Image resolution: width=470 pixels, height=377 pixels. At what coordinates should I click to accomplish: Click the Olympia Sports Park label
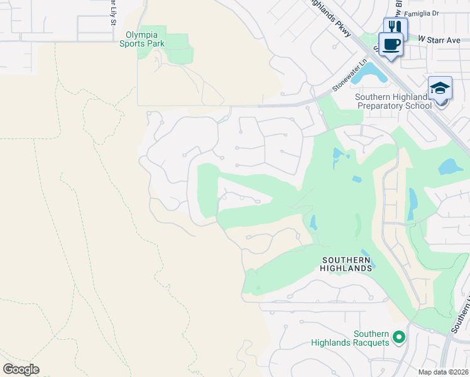[x=145, y=39]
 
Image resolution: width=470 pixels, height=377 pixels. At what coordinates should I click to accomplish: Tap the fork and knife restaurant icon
[x=395, y=27]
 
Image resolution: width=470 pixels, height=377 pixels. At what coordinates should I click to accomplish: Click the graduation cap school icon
[x=440, y=88]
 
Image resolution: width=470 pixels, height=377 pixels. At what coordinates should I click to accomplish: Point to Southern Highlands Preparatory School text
[x=394, y=101]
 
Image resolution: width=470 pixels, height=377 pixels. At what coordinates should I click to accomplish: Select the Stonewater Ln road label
[x=350, y=76]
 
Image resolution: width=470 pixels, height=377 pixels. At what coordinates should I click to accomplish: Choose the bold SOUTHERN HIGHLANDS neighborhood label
[x=347, y=263]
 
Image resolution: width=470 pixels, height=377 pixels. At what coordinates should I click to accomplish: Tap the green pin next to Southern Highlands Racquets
[x=398, y=339]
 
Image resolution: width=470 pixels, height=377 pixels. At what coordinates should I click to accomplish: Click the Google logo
[x=21, y=369]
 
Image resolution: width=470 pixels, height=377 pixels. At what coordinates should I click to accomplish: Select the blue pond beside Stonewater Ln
[x=370, y=74]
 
